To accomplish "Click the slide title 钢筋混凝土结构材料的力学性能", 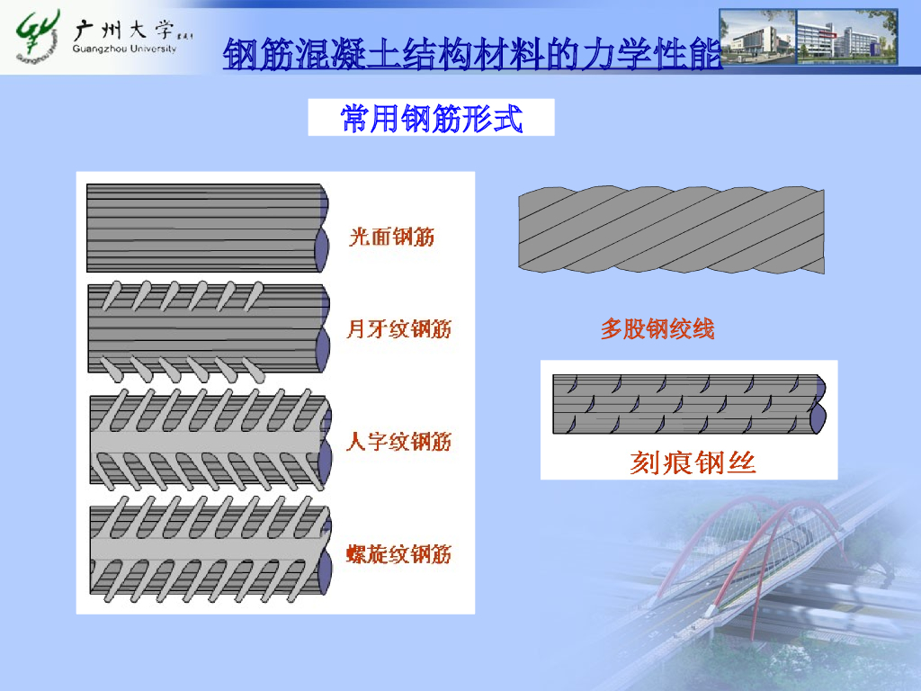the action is (472, 55).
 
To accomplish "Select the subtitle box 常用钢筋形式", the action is (431, 118).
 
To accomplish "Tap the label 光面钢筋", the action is (391, 237).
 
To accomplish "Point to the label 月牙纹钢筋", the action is (398, 329).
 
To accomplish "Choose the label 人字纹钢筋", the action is (398, 442).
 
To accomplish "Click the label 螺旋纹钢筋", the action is (398, 553).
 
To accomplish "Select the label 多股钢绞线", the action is (657, 329).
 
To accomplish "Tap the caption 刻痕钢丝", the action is (692, 462).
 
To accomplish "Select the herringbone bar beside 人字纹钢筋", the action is (207, 440).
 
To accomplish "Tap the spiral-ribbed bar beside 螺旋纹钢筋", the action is (207, 551).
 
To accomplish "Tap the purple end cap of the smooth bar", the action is (322, 247).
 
